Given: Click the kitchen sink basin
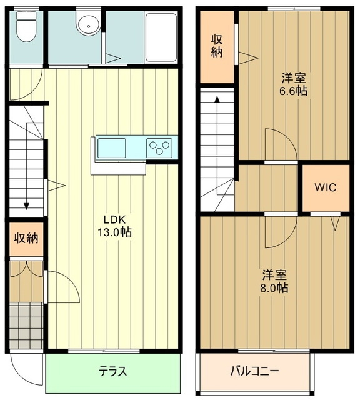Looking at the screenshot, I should [112, 148].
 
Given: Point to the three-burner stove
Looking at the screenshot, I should [159, 148].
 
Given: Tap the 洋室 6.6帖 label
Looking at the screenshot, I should [293, 84].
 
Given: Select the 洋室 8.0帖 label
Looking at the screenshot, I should [274, 281].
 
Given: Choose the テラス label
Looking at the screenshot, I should [113, 371].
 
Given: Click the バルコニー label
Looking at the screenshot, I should [254, 371].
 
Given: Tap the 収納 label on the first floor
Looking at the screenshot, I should [26, 238].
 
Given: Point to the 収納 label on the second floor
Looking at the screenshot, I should [217, 46].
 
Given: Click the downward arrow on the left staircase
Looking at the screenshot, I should [27, 203].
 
